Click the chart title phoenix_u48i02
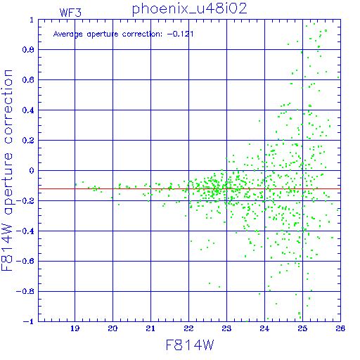(190, 9)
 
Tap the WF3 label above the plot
(70, 13)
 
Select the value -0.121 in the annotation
(181, 34)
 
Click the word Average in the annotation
(68, 34)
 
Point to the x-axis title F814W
(190, 345)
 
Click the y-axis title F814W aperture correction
(7, 170)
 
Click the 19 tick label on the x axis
(75, 328)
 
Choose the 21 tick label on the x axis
(150, 328)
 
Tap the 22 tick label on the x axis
(188, 328)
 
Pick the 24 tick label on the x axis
(264, 328)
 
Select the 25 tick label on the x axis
(302, 328)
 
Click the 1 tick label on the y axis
(32, 20)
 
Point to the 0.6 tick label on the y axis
(28, 80)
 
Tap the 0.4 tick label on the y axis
(28, 110)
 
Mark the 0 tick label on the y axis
(32, 171)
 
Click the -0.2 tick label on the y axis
(25, 201)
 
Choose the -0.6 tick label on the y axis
(25, 261)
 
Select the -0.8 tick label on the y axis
(25, 291)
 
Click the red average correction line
(189, 188)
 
